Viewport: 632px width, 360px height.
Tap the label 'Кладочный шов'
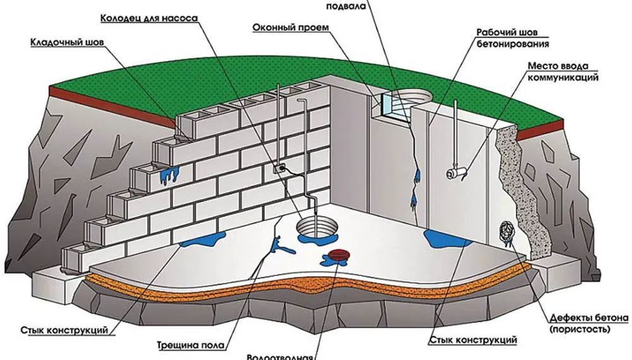pos(67,43)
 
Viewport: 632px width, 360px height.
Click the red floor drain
pos(336,255)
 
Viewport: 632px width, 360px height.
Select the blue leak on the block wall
pos(167,175)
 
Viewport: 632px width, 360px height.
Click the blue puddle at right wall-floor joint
pos(442,239)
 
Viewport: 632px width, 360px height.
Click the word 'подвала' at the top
pos(346,6)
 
